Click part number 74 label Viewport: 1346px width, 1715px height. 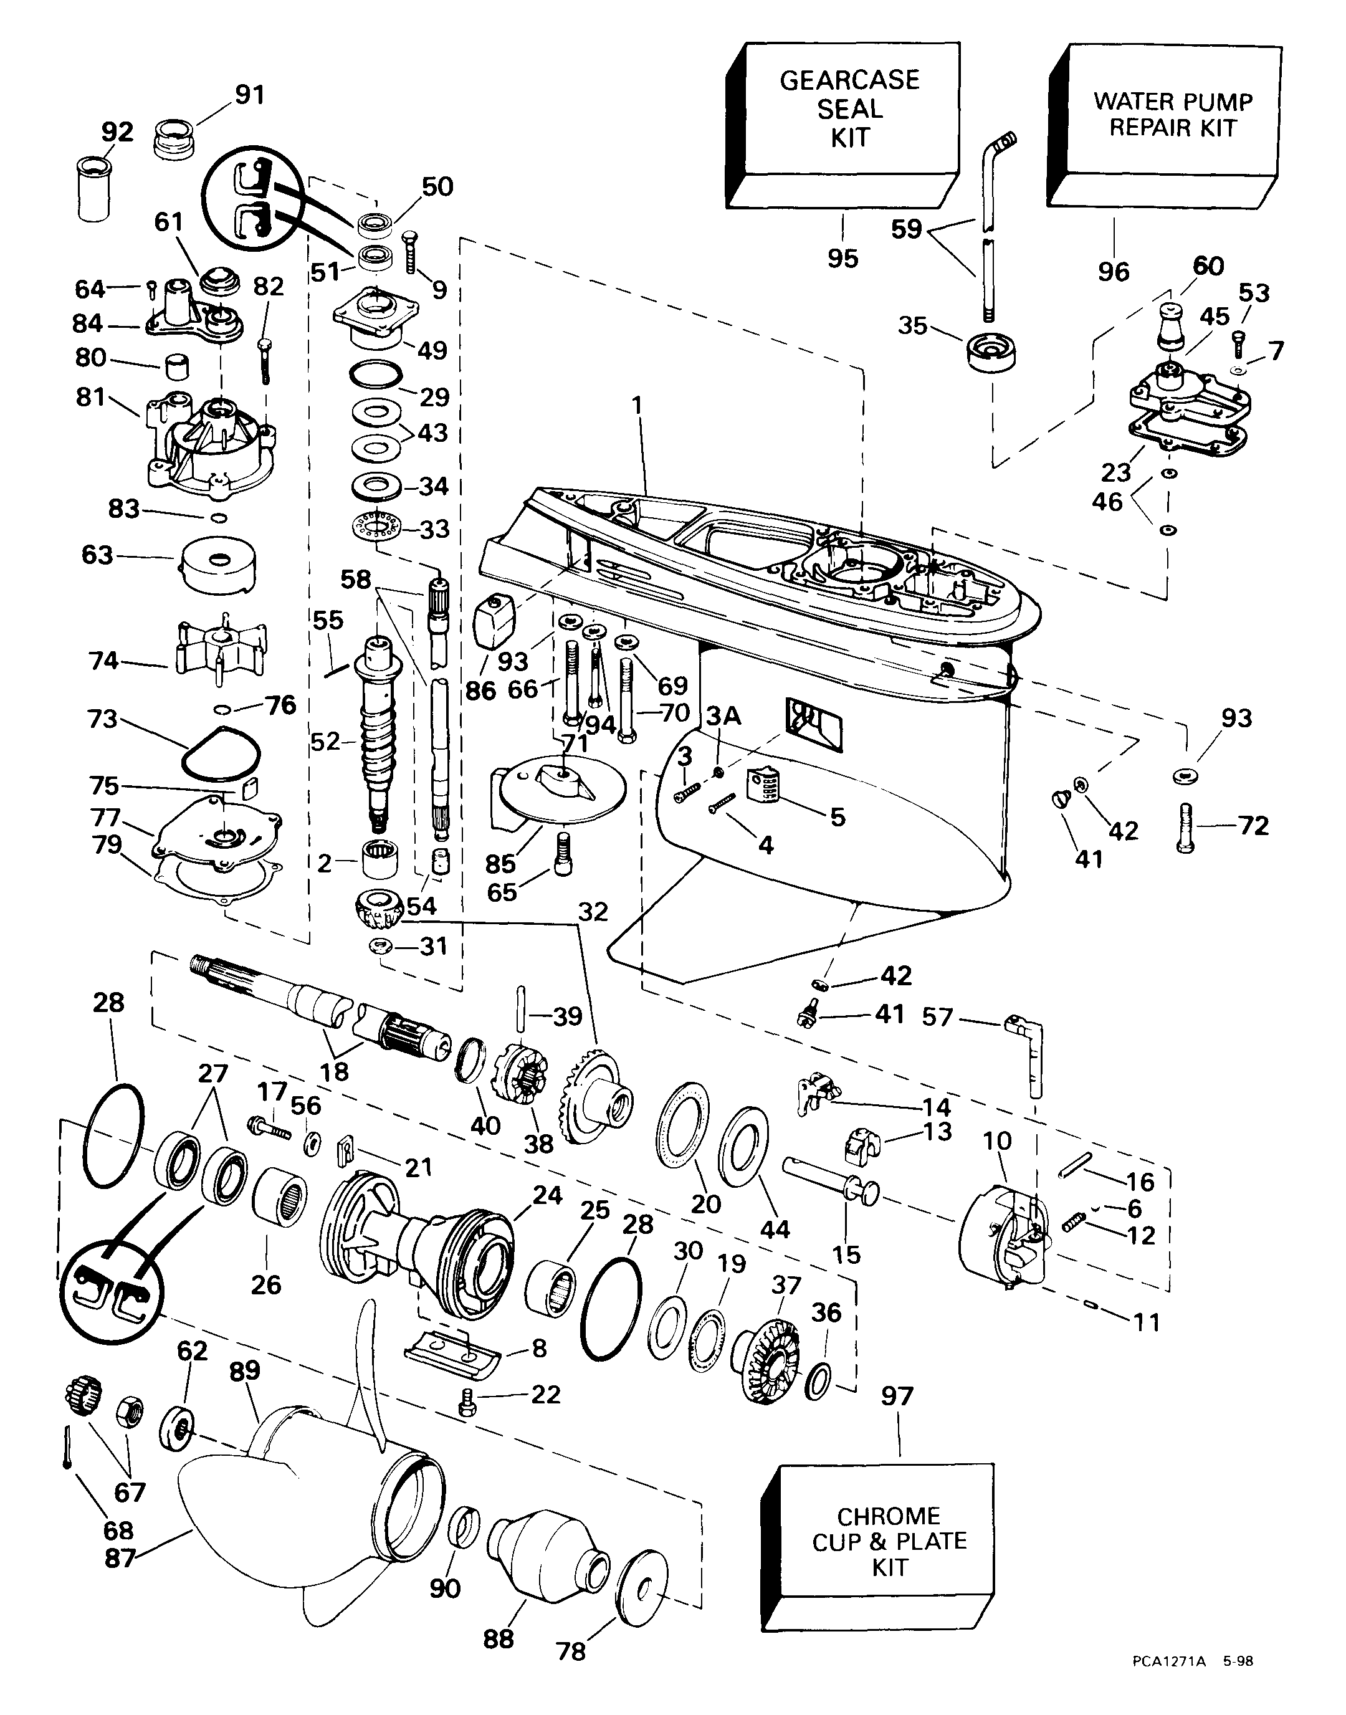point(104,661)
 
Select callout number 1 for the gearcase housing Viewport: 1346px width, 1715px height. point(637,406)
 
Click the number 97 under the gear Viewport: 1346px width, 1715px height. point(897,1396)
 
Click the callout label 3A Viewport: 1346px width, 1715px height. point(723,715)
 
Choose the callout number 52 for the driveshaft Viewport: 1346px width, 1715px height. point(325,741)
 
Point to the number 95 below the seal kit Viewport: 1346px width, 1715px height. point(842,259)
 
